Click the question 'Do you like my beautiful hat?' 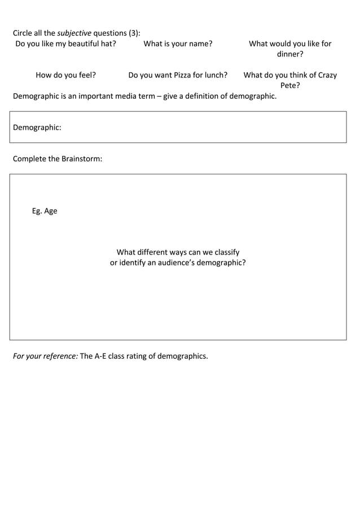tap(65, 43)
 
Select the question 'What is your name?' tap(178, 43)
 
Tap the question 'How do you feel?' tap(65, 75)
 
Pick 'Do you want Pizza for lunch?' tap(178, 75)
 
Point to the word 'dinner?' tap(290, 54)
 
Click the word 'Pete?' tap(290, 85)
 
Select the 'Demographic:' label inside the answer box tap(37, 128)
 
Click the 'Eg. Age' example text tap(45, 211)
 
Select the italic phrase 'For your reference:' tap(45, 356)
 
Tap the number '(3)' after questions tap(134, 33)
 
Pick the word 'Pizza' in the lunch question tap(182, 75)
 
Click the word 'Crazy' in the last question tap(327, 75)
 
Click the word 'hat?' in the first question tap(107, 43)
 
